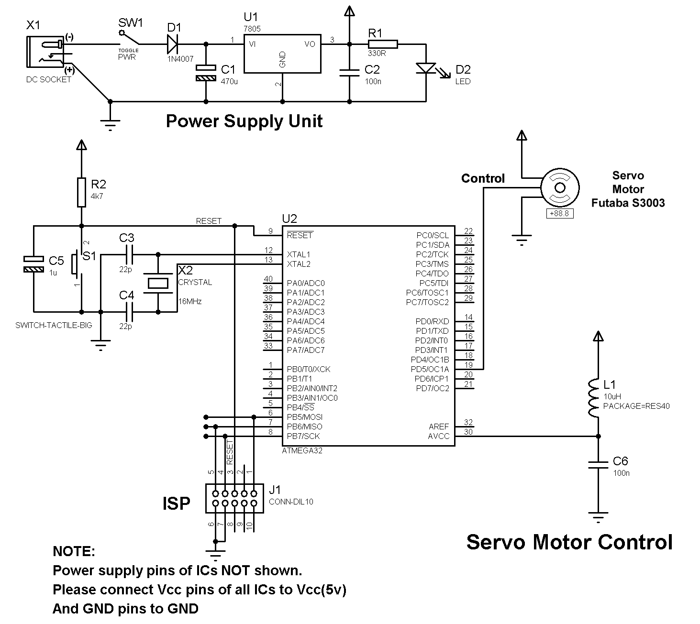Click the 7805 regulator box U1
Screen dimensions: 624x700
tap(282, 53)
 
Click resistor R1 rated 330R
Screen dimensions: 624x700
tap(382, 44)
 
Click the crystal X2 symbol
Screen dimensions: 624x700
tap(158, 283)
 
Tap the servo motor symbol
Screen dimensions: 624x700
tap(560, 187)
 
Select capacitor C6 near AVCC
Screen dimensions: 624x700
tap(598, 465)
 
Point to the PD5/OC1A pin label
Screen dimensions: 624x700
tap(430, 369)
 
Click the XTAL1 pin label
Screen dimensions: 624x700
tap(299, 254)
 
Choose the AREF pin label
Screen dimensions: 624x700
tap(439, 427)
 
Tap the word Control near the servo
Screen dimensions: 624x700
tap(483, 178)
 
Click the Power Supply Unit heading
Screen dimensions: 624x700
tap(244, 121)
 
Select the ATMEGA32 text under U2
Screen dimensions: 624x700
tap(302, 450)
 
